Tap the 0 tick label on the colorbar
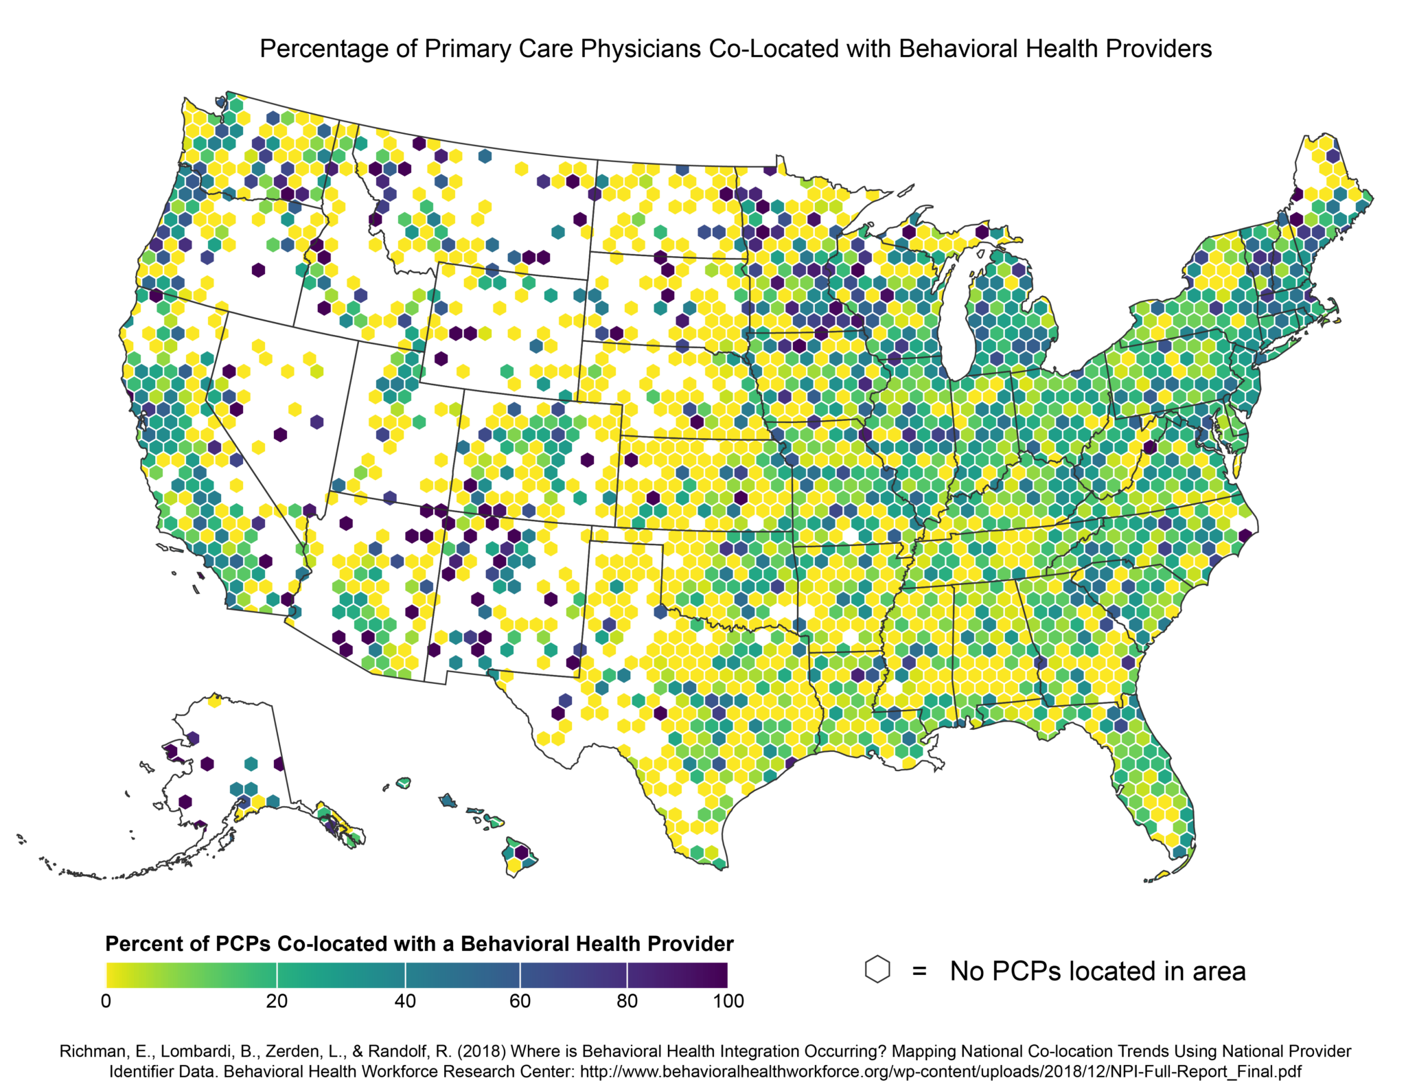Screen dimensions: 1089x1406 click(x=106, y=1001)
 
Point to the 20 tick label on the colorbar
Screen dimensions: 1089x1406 click(x=277, y=1001)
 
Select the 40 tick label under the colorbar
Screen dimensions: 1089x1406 click(x=405, y=1001)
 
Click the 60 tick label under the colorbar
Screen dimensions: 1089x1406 click(x=520, y=1001)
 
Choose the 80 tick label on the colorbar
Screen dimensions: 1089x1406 click(x=627, y=1001)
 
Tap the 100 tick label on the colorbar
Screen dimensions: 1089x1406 click(x=728, y=1001)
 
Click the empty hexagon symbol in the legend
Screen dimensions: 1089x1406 click(x=877, y=970)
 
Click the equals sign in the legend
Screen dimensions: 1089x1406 click(x=919, y=972)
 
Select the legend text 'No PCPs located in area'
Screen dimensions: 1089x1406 click(x=1097, y=972)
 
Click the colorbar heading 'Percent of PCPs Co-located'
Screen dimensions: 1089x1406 click(x=275, y=944)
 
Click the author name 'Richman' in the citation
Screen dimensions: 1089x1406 click(x=88, y=1051)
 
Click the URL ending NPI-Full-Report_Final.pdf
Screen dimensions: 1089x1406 click(x=941, y=1071)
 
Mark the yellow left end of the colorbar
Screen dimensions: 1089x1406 click(x=113, y=975)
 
